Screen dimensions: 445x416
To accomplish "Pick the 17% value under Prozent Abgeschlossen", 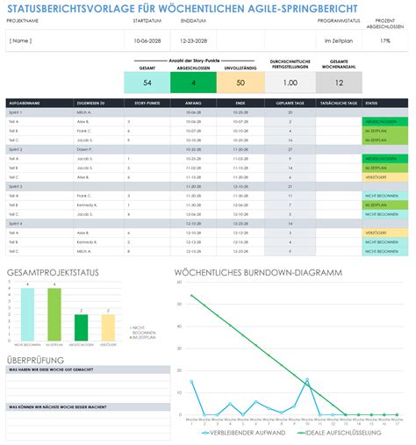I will tap(385, 41).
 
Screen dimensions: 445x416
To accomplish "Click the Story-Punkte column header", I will tap(143, 103).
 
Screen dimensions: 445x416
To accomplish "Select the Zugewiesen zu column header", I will tap(91, 103).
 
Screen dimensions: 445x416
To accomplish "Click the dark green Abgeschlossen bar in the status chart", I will tap(81, 327).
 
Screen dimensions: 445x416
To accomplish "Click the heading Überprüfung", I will tap(34, 360).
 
